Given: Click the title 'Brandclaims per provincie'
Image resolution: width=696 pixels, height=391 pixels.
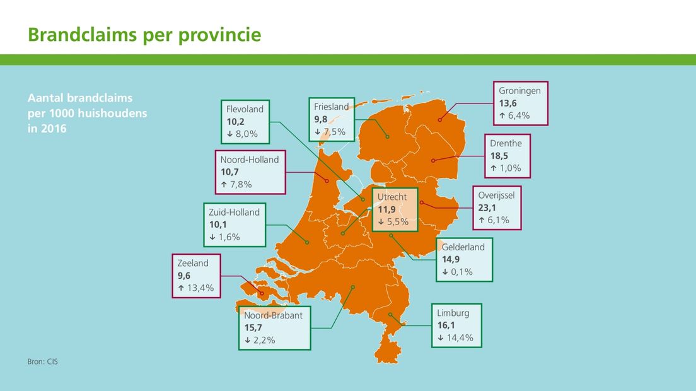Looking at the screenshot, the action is click(x=144, y=35).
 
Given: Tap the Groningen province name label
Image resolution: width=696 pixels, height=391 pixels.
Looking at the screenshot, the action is click(x=519, y=91).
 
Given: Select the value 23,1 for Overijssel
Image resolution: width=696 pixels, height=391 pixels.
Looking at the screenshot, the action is click(x=487, y=207).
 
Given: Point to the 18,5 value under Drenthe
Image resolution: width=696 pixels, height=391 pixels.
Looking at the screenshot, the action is click(x=499, y=156).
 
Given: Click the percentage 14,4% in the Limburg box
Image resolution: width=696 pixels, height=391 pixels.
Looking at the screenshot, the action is click(x=460, y=338).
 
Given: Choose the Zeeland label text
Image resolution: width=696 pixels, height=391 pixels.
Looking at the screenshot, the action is click(x=193, y=263).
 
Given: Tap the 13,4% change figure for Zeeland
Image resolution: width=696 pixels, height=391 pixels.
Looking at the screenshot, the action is click(x=200, y=288).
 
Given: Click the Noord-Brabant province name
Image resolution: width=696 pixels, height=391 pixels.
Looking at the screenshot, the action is click(x=273, y=315).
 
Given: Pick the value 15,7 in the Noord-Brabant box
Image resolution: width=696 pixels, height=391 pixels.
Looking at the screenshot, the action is click(x=253, y=328).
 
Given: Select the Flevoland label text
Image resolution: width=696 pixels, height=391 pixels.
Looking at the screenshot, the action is click(x=245, y=109).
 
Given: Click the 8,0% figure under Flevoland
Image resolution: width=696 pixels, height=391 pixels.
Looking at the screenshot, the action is click(x=246, y=134).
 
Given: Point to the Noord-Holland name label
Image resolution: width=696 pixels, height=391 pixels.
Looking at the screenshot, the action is click(x=250, y=160).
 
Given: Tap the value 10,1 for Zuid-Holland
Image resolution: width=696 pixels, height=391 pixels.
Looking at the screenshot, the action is click(x=218, y=225).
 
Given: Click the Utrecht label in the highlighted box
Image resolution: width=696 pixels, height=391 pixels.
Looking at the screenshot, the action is click(x=392, y=197).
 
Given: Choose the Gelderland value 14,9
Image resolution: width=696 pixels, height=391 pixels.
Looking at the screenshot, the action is click(x=451, y=259).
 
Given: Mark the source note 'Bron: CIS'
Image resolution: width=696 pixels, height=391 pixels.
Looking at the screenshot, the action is click(x=43, y=362).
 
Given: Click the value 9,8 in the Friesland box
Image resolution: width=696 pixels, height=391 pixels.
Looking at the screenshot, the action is click(x=320, y=119).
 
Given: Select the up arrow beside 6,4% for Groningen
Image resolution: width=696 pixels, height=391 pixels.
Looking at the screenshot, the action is click(x=502, y=116).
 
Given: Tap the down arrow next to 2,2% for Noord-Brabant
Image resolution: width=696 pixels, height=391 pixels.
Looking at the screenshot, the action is click(x=248, y=341).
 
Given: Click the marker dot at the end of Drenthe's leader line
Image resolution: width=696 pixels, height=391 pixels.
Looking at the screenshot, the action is click(x=433, y=161).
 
